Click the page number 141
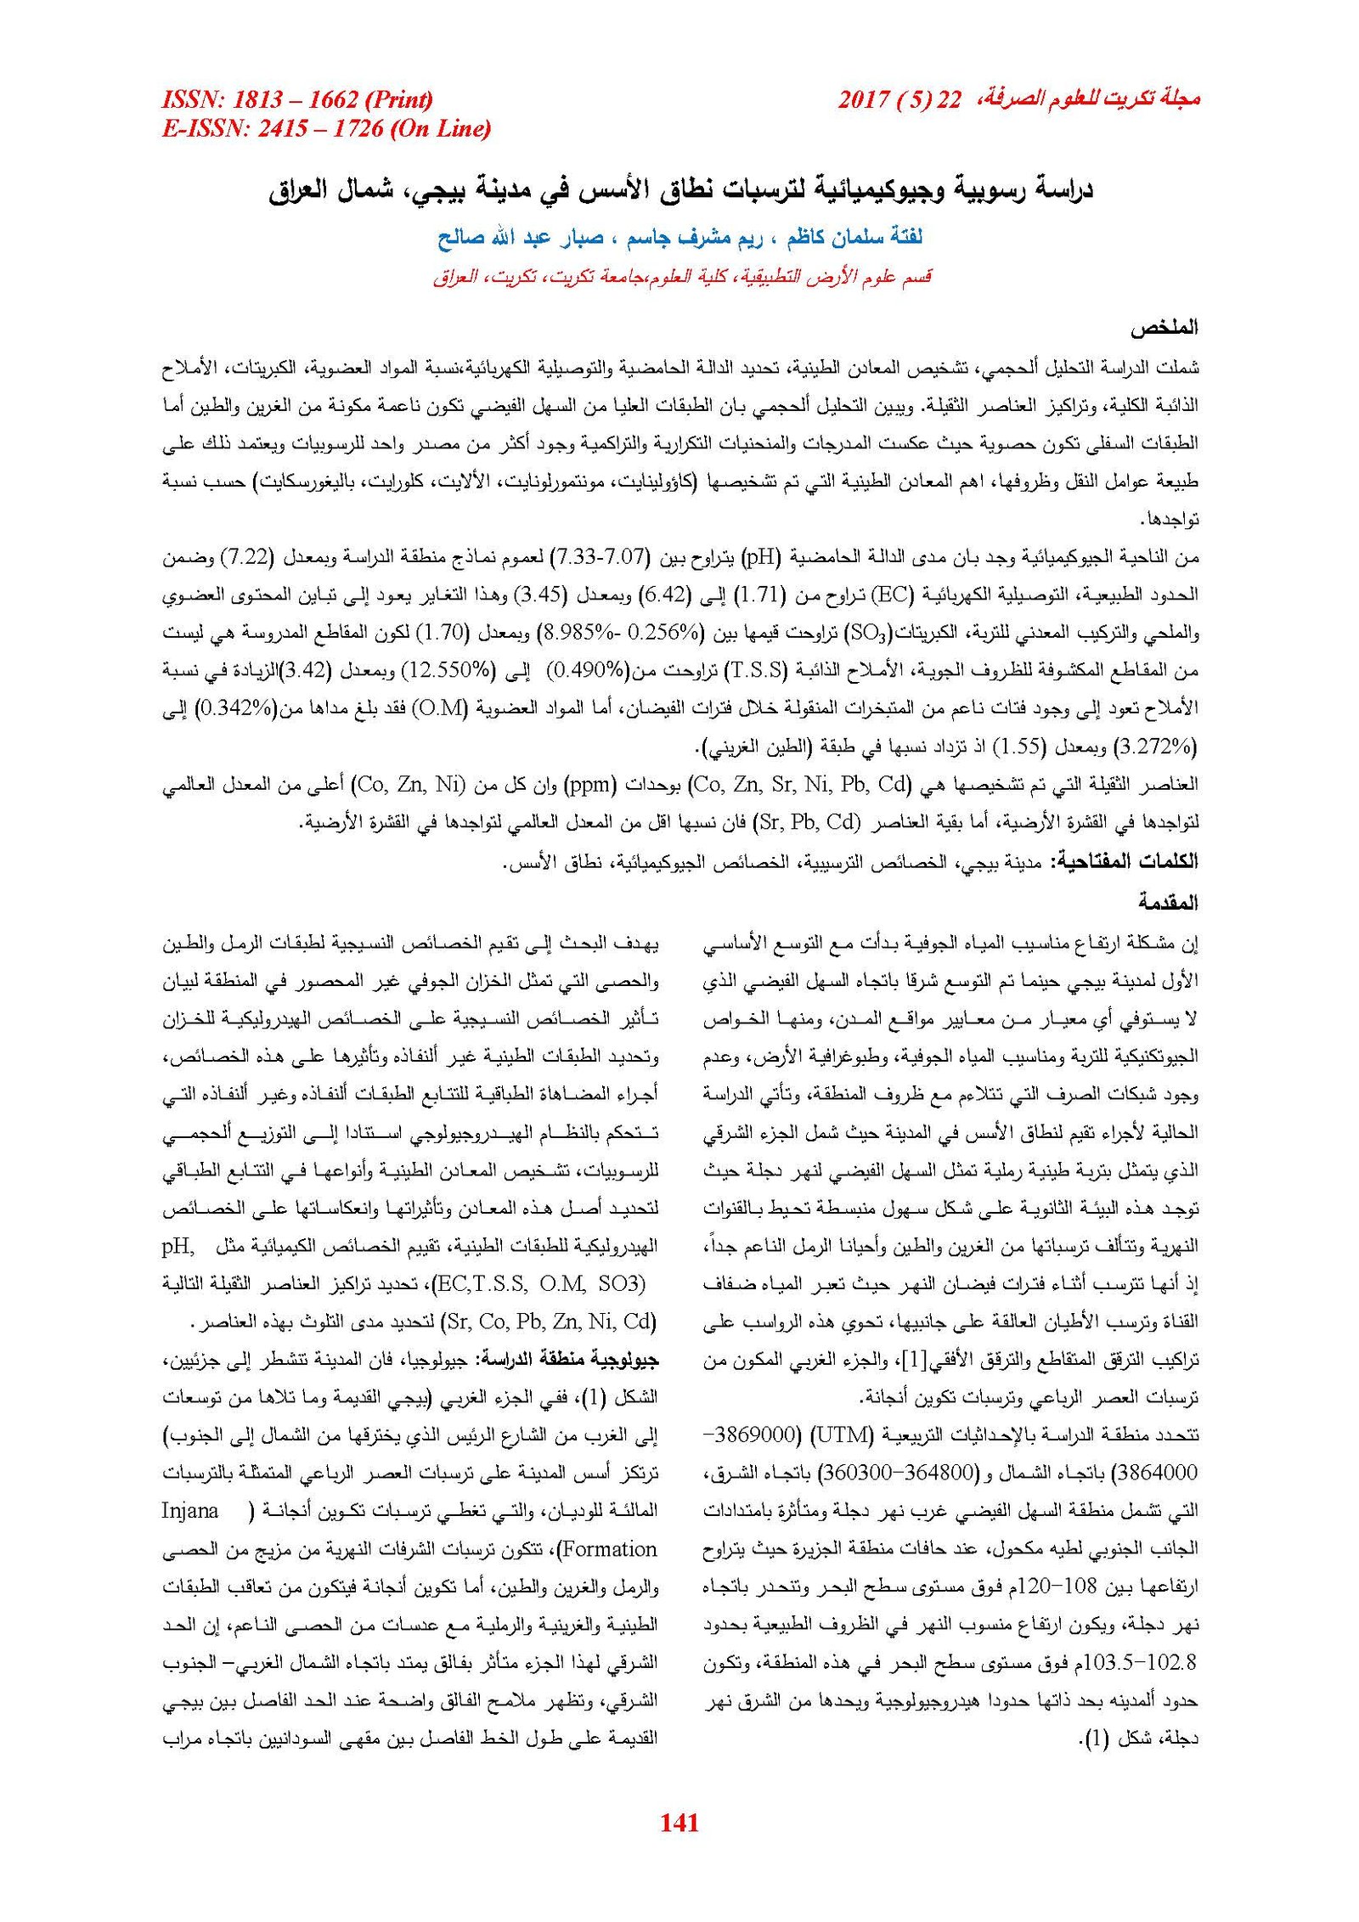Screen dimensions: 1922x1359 [679, 1822]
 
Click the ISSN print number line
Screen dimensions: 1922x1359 [297, 100]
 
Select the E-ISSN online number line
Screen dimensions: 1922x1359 [326, 129]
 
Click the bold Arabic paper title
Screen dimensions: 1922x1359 [680, 190]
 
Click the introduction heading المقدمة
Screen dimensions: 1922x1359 [1168, 902]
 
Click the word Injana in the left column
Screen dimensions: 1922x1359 [190, 1511]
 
